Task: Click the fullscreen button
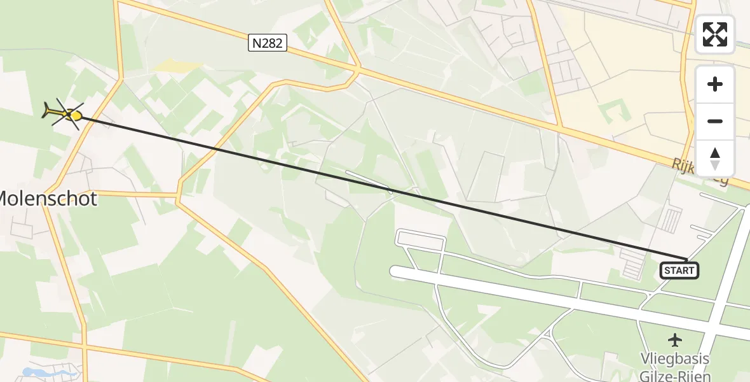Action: (x=715, y=34)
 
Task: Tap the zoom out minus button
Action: (x=715, y=121)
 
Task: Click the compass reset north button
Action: (x=715, y=159)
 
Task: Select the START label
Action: (x=679, y=271)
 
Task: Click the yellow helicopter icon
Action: (x=64, y=113)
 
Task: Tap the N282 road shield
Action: (x=267, y=43)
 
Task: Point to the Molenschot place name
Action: (x=48, y=199)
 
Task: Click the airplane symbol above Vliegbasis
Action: (x=675, y=340)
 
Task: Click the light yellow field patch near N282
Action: (x=179, y=66)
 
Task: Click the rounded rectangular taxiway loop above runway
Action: (x=419, y=241)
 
